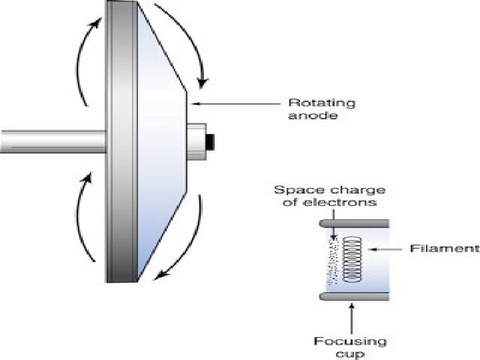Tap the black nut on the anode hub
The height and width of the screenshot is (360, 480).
pyautogui.click(x=209, y=141)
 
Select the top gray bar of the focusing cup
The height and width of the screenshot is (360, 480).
pyautogui.click(x=353, y=222)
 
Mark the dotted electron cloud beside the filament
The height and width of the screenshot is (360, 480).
pyautogui.click(x=335, y=261)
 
